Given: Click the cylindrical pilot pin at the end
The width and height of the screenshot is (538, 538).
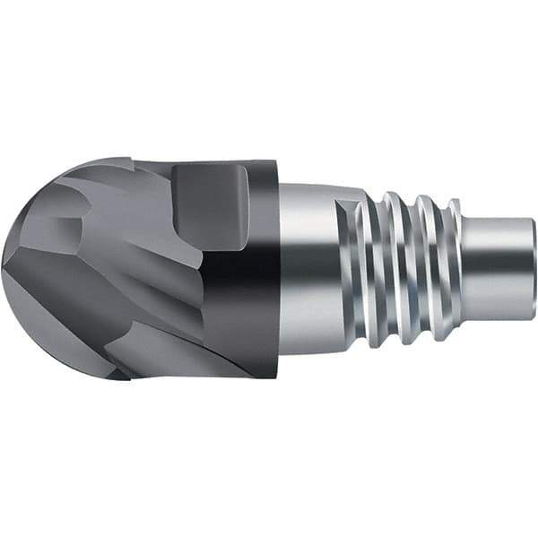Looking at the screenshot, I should click(x=498, y=269).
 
